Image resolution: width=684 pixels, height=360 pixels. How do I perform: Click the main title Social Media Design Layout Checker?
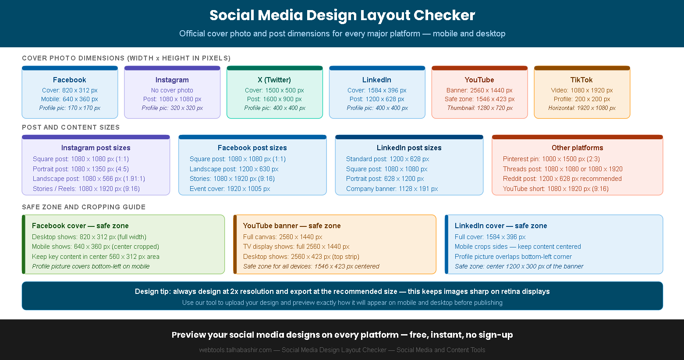pos(342,15)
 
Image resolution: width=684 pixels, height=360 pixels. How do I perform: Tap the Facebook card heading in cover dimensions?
pos(70,80)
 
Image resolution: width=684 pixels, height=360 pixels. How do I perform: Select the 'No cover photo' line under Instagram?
pos(172,90)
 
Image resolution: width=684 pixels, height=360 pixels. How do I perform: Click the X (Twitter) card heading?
pos(274,80)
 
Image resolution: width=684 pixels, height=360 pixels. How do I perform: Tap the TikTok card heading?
pos(581,80)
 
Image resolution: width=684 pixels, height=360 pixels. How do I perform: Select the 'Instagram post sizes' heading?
pos(96,148)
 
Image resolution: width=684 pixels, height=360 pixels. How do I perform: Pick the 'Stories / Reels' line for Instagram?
pos(86,189)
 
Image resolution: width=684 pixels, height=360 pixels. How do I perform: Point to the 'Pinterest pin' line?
pos(551,159)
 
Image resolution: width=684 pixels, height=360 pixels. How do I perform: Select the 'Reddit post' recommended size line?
pos(562,179)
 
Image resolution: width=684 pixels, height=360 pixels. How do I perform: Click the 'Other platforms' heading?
pos(577,148)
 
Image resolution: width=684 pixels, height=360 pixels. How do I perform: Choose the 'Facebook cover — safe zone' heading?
pos(80,226)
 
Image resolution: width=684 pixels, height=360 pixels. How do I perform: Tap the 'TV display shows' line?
pos(296,247)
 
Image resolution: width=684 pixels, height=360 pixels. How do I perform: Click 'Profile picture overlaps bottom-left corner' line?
pos(513,257)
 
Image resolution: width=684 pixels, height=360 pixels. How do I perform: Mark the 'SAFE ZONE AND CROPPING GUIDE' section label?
pos(84,207)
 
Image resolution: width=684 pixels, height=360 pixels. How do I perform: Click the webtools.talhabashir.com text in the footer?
pos(235,350)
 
